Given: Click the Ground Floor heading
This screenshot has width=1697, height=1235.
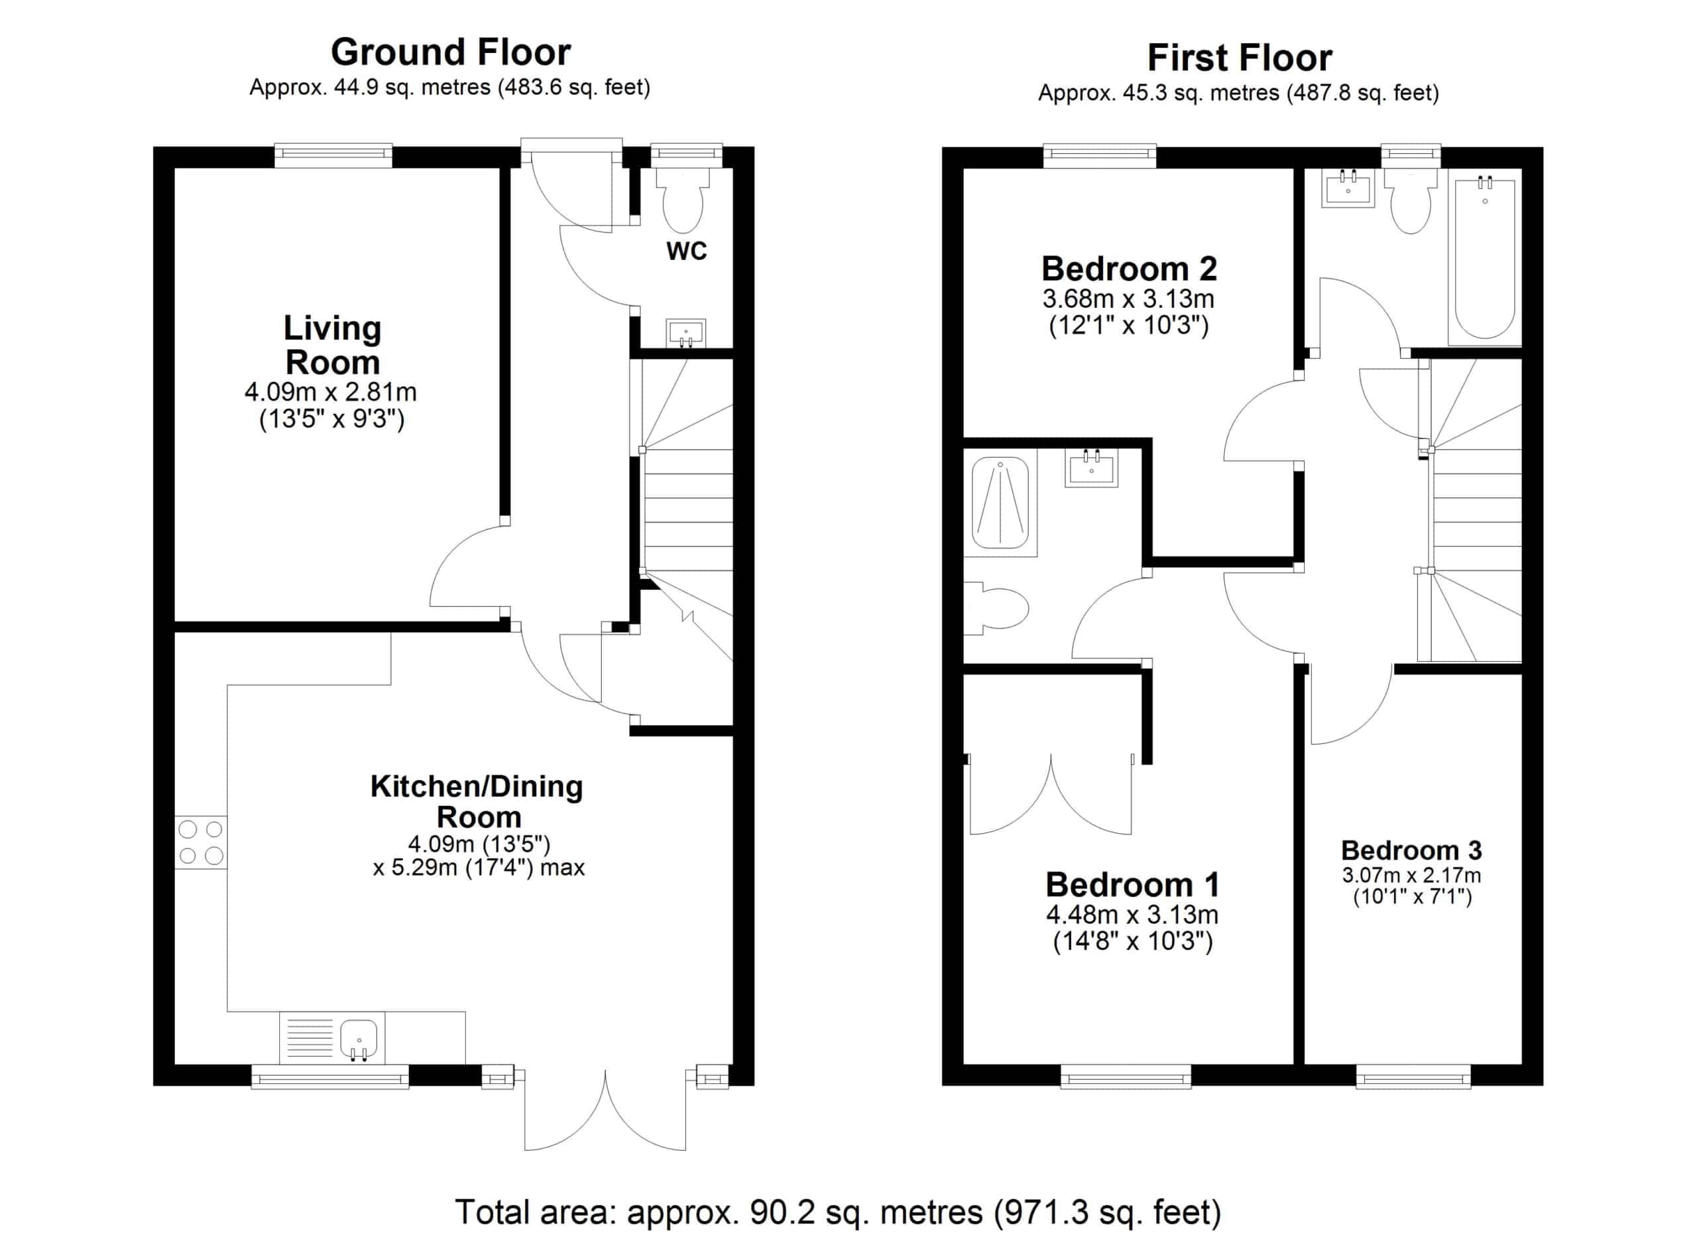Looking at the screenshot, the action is pyautogui.click(x=451, y=52).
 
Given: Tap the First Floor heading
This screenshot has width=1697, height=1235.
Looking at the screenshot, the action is pyautogui.click(x=1239, y=58).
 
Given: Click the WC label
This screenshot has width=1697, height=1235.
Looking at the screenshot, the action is pyautogui.click(x=686, y=251).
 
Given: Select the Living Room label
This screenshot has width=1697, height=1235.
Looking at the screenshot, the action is pyautogui.click(x=333, y=345).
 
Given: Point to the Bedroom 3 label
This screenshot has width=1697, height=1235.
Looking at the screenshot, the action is pyautogui.click(x=1411, y=850).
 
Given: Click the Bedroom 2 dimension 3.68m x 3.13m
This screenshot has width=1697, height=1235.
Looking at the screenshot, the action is pyautogui.click(x=1128, y=298).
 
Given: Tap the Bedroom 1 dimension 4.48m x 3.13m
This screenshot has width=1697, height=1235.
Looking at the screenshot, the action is pyautogui.click(x=1132, y=915).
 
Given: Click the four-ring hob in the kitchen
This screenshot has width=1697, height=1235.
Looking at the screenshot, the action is pyautogui.click(x=202, y=842).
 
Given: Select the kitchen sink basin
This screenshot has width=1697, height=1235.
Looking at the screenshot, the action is pyautogui.click(x=359, y=1039).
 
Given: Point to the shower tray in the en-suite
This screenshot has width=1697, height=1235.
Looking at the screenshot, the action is pyautogui.click(x=1000, y=503).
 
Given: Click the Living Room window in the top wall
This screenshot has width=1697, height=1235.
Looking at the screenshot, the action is pyautogui.click(x=333, y=155).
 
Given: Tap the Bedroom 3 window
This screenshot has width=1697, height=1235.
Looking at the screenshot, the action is pyautogui.click(x=1413, y=1077).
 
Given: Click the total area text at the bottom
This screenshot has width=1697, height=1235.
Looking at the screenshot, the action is pyautogui.click(x=838, y=1211).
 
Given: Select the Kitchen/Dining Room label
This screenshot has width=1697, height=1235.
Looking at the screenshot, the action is pyautogui.click(x=477, y=802).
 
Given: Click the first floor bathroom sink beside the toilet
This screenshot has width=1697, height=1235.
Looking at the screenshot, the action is pyautogui.click(x=1348, y=188).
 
